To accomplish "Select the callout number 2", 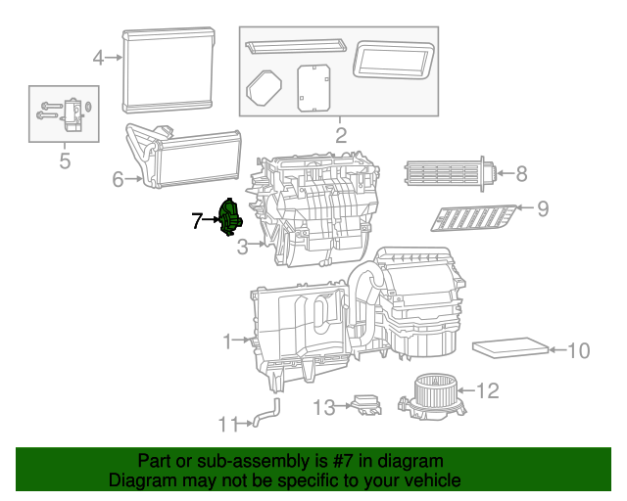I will (340, 135).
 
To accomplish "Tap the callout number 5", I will (65, 161).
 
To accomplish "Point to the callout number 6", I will (117, 179).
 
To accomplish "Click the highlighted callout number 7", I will (197, 221).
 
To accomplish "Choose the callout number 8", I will (521, 174).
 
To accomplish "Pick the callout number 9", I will (542, 207).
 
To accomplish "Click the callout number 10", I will (578, 349).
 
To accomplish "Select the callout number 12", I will (488, 391).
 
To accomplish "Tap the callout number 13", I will (323, 406).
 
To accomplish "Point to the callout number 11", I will (227, 424).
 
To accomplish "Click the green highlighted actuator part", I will (231, 216).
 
